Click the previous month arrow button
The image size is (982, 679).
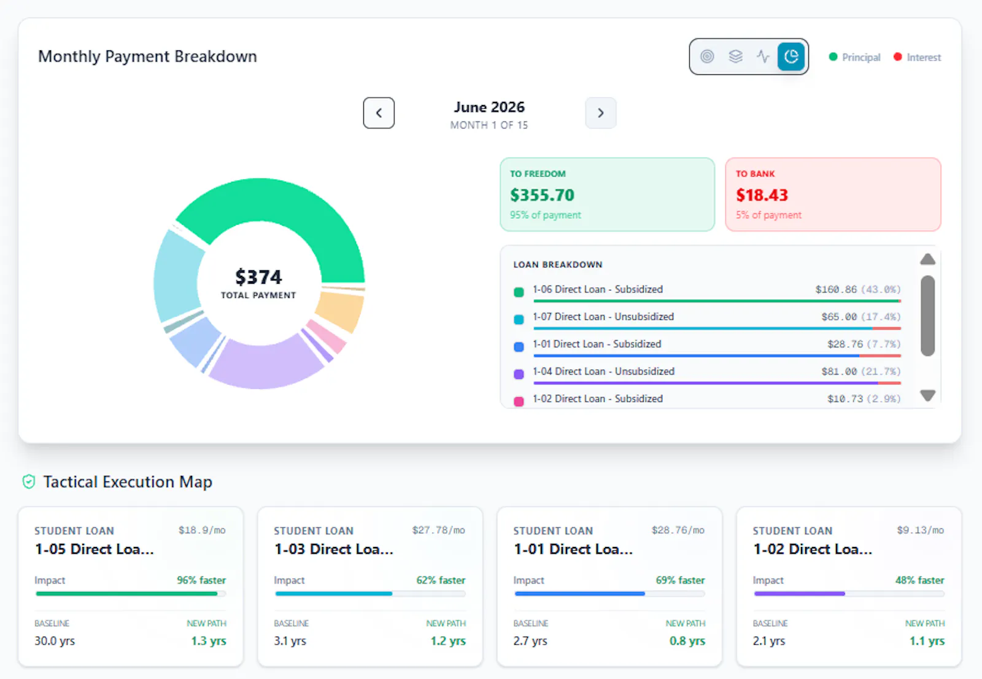(x=378, y=113)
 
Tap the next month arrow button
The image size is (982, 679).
(x=600, y=113)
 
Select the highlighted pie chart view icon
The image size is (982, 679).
(x=791, y=56)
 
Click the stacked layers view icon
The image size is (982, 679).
(x=735, y=56)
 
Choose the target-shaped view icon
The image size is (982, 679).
(x=707, y=56)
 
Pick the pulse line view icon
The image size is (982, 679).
(x=763, y=56)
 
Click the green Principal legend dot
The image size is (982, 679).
(x=833, y=56)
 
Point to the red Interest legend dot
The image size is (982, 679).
(x=897, y=56)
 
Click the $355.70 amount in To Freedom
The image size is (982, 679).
(x=542, y=195)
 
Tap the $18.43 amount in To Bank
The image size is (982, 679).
(x=762, y=195)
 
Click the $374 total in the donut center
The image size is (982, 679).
(x=258, y=277)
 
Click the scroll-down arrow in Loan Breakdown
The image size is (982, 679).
(x=927, y=395)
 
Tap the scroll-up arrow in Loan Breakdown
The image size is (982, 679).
(x=927, y=259)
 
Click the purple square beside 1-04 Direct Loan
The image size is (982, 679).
(x=519, y=374)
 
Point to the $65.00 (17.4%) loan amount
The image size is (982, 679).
(x=860, y=317)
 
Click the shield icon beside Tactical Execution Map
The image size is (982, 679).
(x=29, y=481)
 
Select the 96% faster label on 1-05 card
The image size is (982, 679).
(x=201, y=580)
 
